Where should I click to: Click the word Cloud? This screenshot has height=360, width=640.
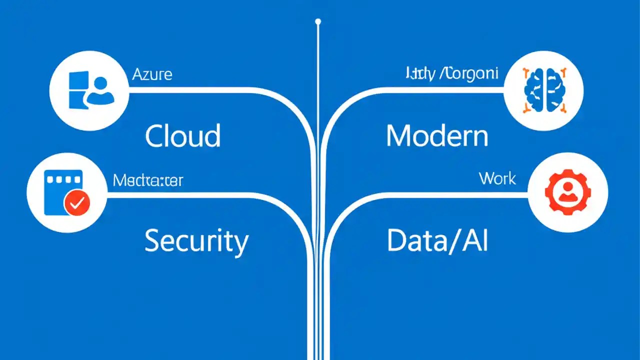pos(182,136)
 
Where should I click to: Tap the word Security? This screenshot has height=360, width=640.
pos(196,241)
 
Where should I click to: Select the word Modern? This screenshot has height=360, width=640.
pos(437,136)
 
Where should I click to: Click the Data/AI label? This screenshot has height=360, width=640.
pos(437,241)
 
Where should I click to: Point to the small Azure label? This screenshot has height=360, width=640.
pos(152,75)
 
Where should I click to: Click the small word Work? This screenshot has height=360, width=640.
pos(497,178)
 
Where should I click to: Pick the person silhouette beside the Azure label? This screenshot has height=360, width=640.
pos(101,91)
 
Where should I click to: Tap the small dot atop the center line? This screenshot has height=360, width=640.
pos(318,21)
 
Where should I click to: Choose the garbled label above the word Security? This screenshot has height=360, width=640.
pos(147,180)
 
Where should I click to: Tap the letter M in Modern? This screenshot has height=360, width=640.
pos(398,136)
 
